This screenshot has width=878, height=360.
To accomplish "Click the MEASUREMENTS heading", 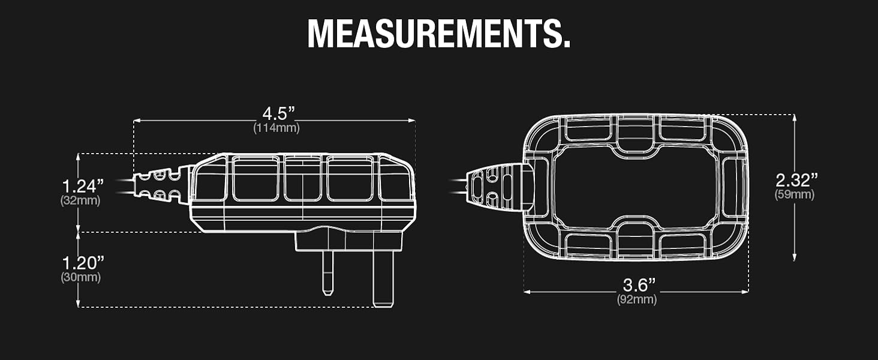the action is pos(438,34).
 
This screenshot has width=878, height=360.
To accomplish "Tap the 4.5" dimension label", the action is pos(278,114).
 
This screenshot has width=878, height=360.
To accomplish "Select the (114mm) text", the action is pos(276,128).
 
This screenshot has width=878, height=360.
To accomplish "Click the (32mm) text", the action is pos(80,200).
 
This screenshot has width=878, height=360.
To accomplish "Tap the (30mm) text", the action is pos(81,277).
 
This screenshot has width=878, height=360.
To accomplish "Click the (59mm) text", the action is pos(795,194).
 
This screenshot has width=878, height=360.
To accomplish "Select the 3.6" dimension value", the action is pos(639,285).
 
